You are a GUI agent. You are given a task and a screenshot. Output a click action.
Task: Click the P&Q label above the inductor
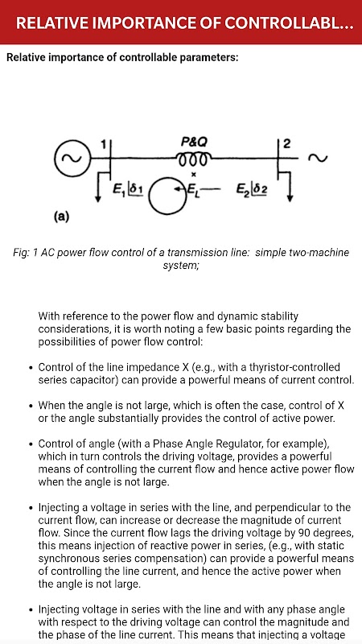coord(194,142)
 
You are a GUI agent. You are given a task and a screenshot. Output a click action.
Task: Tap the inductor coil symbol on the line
coord(194,159)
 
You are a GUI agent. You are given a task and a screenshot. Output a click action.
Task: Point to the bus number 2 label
coord(287,144)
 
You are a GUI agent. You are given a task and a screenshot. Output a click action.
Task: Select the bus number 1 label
coord(104,144)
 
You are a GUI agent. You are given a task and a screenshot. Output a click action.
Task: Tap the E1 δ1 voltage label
coord(127,189)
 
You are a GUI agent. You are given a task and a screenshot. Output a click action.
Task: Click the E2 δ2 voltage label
coord(251,189)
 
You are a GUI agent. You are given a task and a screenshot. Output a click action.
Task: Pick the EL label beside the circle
coord(192,189)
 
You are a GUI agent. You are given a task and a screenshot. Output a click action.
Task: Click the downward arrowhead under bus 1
coord(98,198)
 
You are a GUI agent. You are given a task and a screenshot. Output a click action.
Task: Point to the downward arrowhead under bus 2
coord(290,197)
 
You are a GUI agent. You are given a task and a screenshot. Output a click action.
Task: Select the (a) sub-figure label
coord(62,217)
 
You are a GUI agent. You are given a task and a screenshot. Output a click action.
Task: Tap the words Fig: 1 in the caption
coord(25,253)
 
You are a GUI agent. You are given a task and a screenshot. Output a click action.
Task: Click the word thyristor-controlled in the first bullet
coord(296,367)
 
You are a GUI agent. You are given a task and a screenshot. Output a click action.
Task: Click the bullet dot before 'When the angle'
coord(31,407)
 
